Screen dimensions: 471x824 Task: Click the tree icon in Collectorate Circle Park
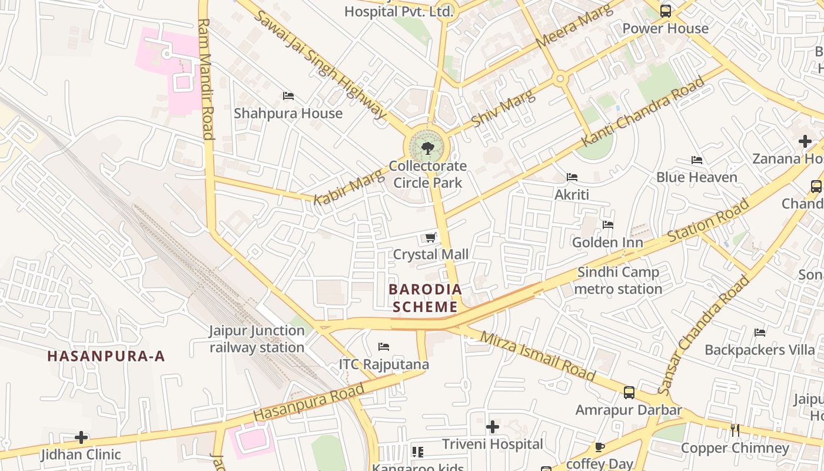tap(428, 148)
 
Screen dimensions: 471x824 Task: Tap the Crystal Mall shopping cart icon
tap(430, 238)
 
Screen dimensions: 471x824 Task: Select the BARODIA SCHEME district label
tap(425, 298)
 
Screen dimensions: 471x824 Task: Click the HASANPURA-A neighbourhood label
tap(106, 356)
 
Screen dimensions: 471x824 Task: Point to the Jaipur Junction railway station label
tap(257, 339)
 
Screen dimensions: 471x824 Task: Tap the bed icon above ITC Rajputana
tap(384, 347)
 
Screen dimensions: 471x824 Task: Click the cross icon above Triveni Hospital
tap(493, 427)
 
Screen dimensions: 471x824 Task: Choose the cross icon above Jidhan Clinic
tap(81, 437)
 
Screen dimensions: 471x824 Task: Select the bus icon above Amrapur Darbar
tap(629, 393)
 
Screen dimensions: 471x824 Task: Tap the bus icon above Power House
tap(666, 11)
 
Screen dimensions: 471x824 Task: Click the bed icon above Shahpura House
tap(288, 96)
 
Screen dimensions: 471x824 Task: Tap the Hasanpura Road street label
tap(308, 403)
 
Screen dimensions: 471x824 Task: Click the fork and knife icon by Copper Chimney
tap(735, 430)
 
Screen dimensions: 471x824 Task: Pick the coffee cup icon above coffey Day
tap(600, 447)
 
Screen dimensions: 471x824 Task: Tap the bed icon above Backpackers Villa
tap(760, 333)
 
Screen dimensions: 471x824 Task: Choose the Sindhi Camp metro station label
tap(618, 281)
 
